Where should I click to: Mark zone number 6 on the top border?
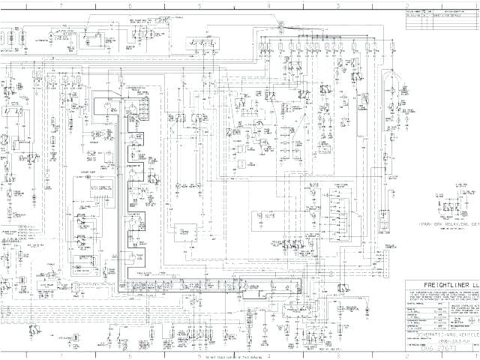(x=130, y=5)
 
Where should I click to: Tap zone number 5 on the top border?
(x=199, y=5)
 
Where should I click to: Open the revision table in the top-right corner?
(x=442, y=19)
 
